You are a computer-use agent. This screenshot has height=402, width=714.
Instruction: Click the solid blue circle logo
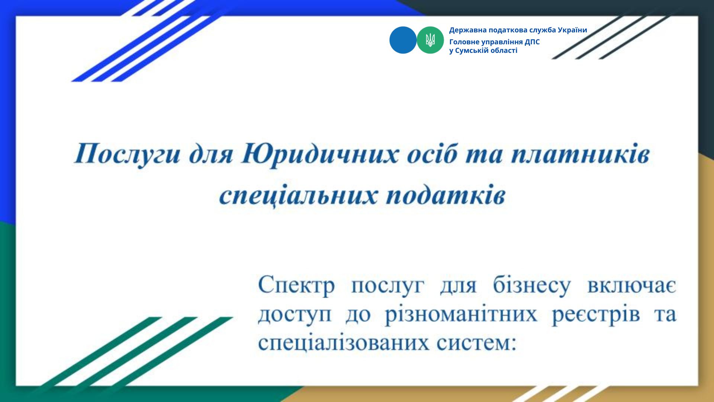403,40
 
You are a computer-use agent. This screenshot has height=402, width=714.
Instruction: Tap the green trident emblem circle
430,40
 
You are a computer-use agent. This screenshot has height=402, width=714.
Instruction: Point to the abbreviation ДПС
532,42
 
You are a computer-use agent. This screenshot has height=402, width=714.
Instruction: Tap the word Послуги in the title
128,154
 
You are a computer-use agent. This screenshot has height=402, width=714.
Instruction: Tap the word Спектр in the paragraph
296,286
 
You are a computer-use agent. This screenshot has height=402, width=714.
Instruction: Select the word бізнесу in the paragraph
532,286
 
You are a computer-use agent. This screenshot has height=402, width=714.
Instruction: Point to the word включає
632,286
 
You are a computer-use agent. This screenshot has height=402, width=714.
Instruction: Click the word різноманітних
461,315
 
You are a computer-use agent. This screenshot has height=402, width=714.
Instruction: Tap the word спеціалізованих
343,343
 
